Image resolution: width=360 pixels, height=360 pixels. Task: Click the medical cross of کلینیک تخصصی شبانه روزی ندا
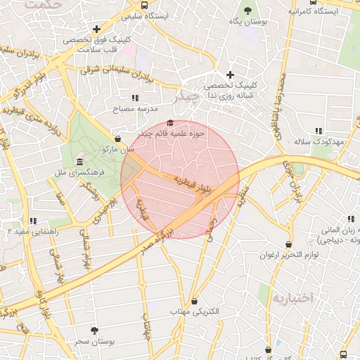[x=230, y=75]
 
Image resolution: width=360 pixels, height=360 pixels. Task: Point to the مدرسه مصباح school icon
[x=134, y=98]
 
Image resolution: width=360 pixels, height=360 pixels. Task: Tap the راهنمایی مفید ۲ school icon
[x=32, y=221]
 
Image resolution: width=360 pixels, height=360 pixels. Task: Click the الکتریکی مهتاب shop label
[x=194, y=311]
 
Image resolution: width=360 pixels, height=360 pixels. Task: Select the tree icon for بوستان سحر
[x=95, y=330]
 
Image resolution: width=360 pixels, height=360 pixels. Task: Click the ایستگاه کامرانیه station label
[x=314, y=11]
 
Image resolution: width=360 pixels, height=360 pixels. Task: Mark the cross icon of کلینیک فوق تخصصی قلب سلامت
[x=96, y=28]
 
